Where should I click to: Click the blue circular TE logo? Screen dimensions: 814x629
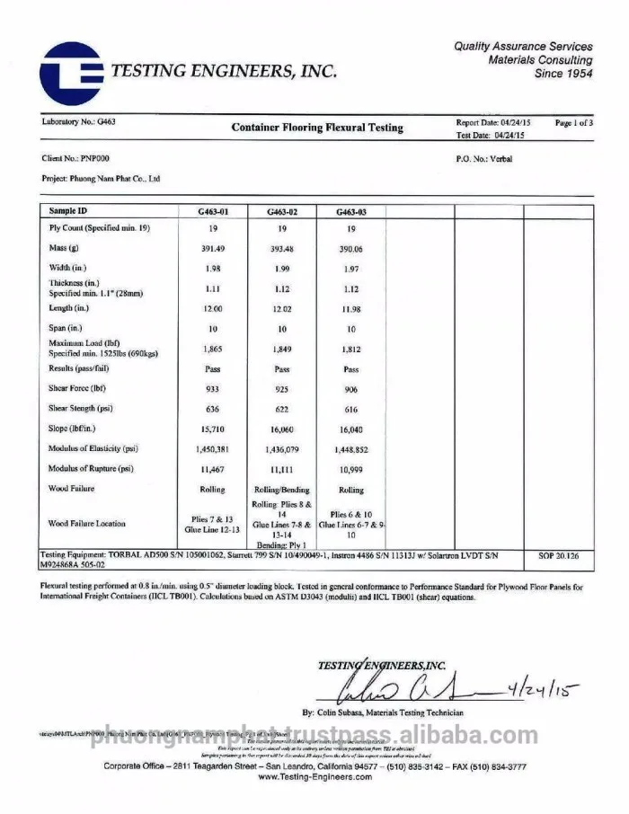pyautogui.click(x=70, y=73)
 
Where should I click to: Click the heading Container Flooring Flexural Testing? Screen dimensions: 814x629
pyautogui.click(x=317, y=128)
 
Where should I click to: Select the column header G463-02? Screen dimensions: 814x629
pyautogui.click(x=282, y=212)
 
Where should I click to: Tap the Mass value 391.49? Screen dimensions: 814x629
pyautogui.click(x=212, y=249)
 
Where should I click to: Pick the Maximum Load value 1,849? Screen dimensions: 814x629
pyautogui.click(x=282, y=349)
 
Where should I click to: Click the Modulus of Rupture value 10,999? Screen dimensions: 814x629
pyautogui.click(x=350, y=469)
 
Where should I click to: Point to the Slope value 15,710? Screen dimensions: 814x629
pyautogui.click(x=212, y=429)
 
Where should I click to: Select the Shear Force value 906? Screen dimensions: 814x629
pyautogui.click(x=350, y=389)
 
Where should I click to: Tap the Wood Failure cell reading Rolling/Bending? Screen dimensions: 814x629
pyautogui.click(x=282, y=490)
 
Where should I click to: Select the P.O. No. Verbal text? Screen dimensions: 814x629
pyautogui.click(x=484, y=158)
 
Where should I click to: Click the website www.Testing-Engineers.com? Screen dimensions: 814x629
pyautogui.click(x=314, y=777)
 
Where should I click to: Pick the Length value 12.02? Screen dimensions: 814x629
pyautogui.click(x=282, y=308)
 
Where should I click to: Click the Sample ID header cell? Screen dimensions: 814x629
pyautogui.click(x=68, y=210)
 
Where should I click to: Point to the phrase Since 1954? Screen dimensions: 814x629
pyautogui.click(x=563, y=74)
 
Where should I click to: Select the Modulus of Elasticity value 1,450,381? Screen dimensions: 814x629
pyautogui.click(x=212, y=448)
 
